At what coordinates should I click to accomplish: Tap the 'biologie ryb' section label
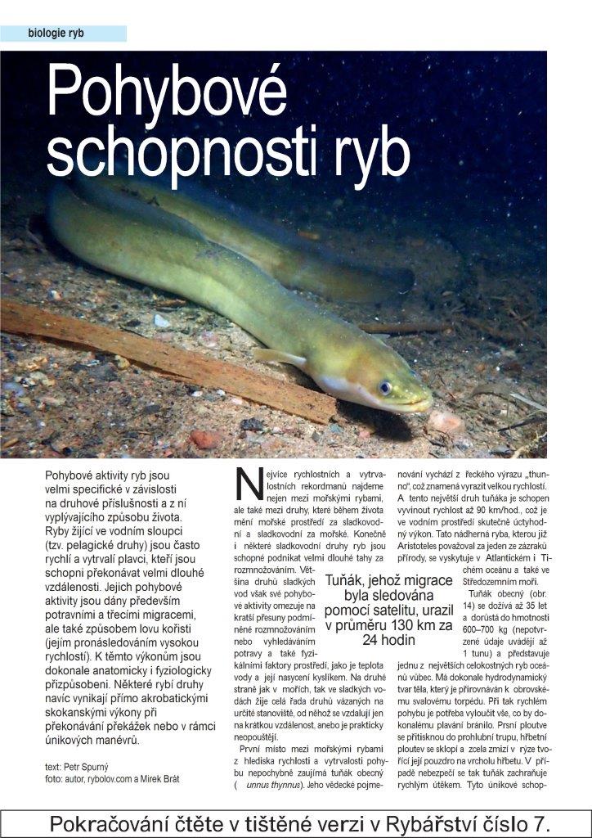point(56,34)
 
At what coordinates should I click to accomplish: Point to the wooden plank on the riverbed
point(164,360)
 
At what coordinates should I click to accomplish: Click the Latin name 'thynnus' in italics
point(287,786)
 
